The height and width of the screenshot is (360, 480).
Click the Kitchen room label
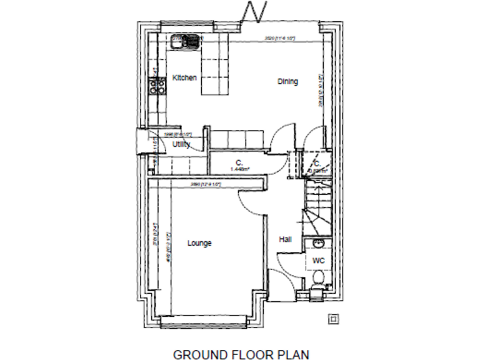coord(184,78)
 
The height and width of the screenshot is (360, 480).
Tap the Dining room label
coord(287,81)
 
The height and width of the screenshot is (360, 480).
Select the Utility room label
coord(182,144)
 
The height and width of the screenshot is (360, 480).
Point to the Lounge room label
coord(199,243)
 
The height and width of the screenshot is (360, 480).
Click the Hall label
coord(285,239)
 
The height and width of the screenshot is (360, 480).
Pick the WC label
coord(318,259)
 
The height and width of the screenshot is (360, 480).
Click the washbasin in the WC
coord(317,243)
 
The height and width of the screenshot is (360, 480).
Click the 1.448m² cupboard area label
coord(239,168)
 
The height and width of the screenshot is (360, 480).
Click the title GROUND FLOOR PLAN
coord(241,355)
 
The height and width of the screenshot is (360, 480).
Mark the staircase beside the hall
coord(316,206)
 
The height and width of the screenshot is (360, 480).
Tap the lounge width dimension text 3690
coord(206,184)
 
